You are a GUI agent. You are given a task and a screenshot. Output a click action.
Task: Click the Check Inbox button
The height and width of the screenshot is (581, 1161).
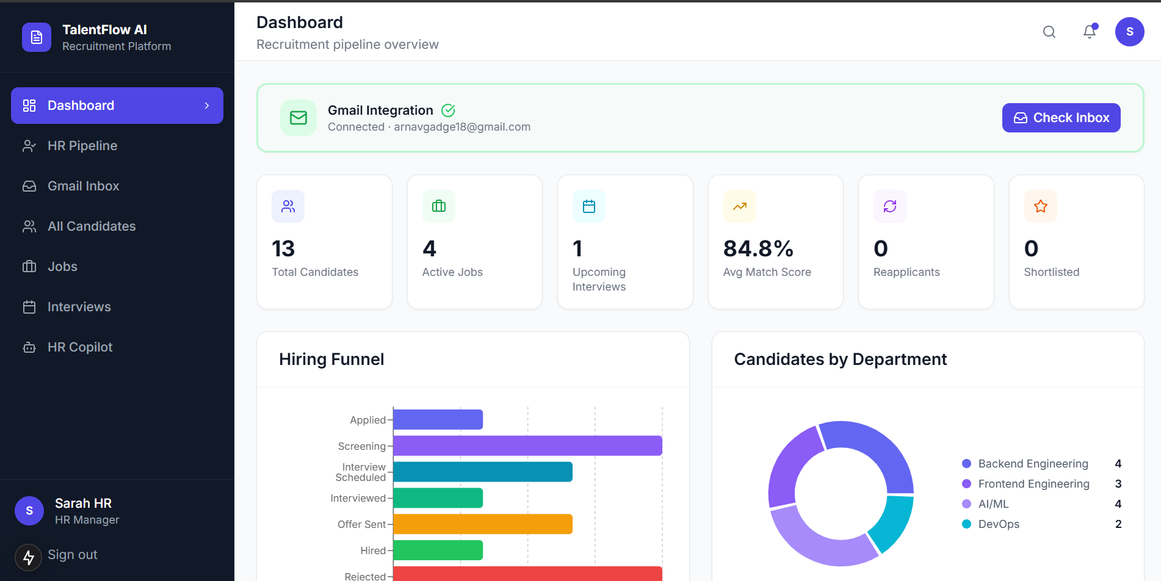pos(1061,118)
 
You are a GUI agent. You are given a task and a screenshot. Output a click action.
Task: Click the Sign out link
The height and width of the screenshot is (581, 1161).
pos(72,555)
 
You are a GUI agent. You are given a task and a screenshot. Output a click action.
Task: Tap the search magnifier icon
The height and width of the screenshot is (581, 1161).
pos(1049,32)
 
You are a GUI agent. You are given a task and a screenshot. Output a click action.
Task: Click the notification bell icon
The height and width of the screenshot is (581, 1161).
pos(1090,32)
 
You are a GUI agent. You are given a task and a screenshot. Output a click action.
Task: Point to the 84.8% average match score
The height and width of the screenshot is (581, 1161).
pos(758,248)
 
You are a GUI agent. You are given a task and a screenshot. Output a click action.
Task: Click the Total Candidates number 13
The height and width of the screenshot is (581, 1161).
pos(283,248)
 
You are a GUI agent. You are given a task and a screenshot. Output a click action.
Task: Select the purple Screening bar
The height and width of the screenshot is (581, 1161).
pos(527,446)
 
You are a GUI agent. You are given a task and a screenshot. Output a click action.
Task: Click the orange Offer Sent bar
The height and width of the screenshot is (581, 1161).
pos(483,524)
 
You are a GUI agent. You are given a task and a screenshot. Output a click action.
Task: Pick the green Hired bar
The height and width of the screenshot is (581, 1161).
pos(438,550)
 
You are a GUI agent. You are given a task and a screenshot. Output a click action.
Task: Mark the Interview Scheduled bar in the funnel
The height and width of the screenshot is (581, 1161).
pos(483,472)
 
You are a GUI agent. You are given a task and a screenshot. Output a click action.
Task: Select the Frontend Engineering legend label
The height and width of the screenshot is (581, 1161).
pos(1033,484)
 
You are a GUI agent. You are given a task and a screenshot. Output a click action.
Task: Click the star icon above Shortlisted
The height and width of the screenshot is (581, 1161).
pos(1041,206)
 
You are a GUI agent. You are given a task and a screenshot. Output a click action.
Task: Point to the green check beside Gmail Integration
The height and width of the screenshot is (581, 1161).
pos(448,110)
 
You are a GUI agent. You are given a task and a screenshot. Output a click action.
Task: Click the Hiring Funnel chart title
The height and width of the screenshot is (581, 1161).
pos(331,359)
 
